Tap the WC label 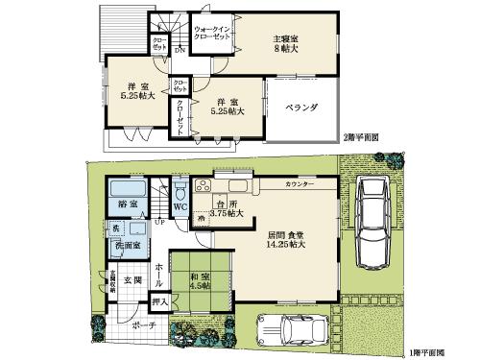pyautogui.click(x=180, y=205)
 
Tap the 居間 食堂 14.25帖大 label pyautogui.click(x=286, y=240)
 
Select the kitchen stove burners pyautogui.click(x=204, y=186)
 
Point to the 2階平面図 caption pyautogui.click(x=361, y=138)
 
